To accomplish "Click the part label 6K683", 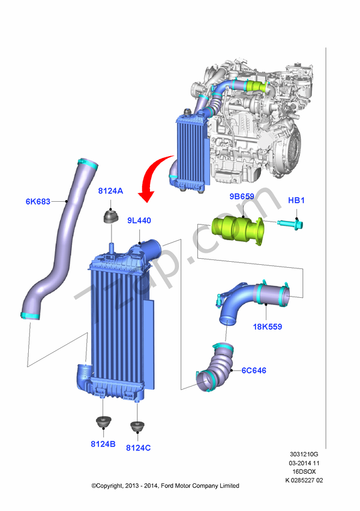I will (x=37, y=202).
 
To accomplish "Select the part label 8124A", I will (x=110, y=191).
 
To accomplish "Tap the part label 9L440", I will (x=139, y=221).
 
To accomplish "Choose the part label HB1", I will (x=296, y=200).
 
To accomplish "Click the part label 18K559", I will (x=267, y=327).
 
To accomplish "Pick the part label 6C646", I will (x=254, y=370).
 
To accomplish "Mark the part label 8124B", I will (x=103, y=444).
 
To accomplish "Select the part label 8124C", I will (x=139, y=447).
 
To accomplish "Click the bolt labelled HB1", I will (x=290, y=225).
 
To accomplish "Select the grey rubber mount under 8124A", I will (x=112, y=216).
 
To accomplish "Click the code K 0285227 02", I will (x=304, y=480).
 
